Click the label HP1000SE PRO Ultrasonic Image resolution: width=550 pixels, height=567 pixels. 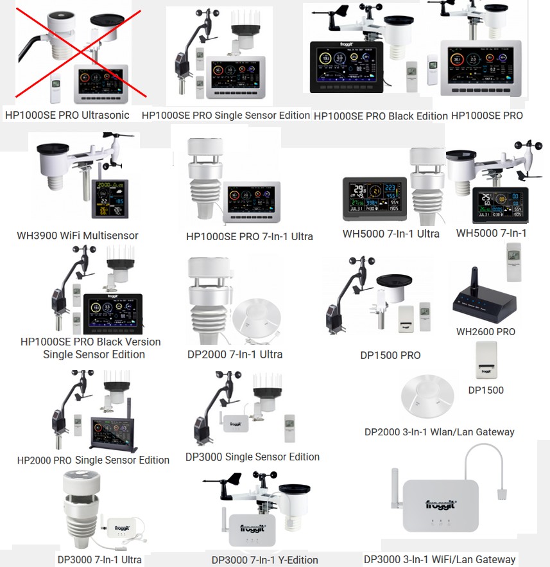[x=67, y=116]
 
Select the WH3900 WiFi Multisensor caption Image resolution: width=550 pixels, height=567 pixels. [x=78, y=236]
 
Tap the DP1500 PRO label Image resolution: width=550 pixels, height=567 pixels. [x=390, y=355]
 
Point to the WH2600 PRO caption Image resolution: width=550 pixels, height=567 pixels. [x=486, y=332]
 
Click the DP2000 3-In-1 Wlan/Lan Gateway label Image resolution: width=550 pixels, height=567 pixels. [x=439, y=432]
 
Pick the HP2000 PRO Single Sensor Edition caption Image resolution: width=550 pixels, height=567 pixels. [x=93, y=460]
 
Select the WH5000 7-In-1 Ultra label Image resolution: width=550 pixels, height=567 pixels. [x=391, y=234]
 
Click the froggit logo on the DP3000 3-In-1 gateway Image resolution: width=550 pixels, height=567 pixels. [x=443, y=505]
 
